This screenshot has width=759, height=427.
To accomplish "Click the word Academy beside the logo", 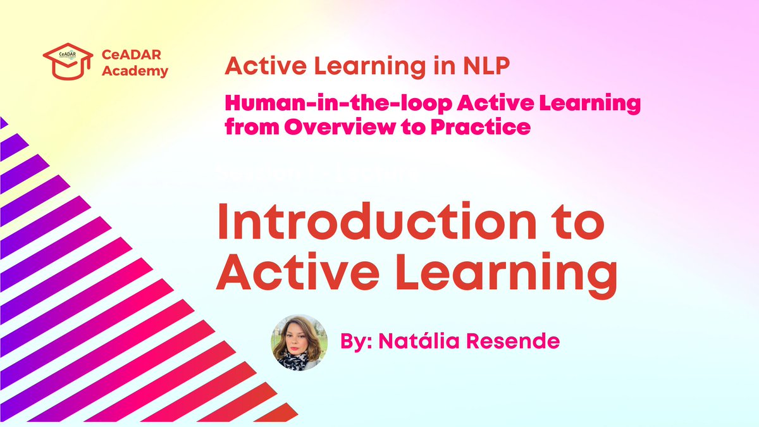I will (135, 71).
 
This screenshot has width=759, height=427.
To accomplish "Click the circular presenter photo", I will (299, 342).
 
